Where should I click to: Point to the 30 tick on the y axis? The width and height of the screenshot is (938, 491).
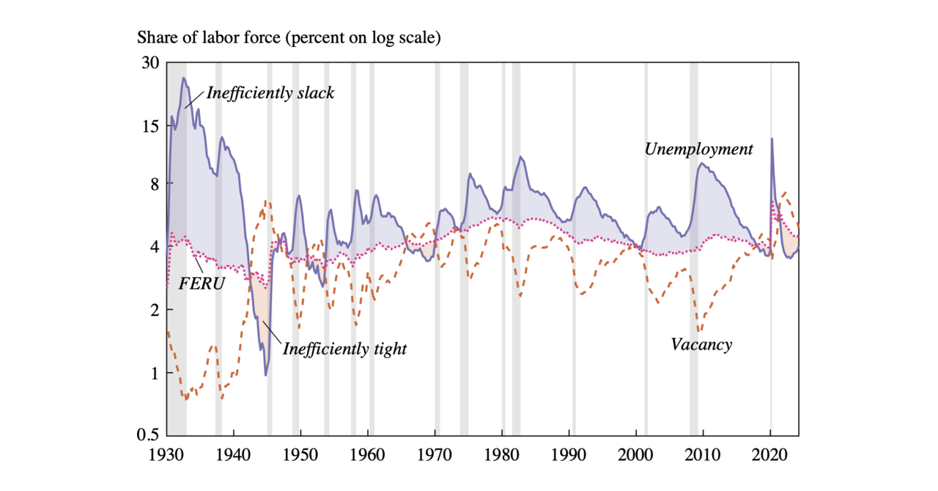[150, 63]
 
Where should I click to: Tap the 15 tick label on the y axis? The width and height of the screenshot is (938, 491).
[150, 126]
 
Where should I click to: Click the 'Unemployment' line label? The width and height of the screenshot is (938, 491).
[698, 149]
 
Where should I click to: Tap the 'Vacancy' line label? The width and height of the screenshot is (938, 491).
[701, 344]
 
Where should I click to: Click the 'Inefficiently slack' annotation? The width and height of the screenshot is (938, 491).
[270, 94]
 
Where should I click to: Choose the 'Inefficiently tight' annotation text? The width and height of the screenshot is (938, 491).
[344, 349]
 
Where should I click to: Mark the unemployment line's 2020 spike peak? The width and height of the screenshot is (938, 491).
[771, 139]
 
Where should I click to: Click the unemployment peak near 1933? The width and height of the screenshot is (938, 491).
[184, 78]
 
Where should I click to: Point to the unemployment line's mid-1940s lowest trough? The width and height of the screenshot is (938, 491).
[265, 375]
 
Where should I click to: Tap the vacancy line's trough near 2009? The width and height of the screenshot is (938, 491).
[699, 332]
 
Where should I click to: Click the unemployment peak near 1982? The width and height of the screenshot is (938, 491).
[520, 157]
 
